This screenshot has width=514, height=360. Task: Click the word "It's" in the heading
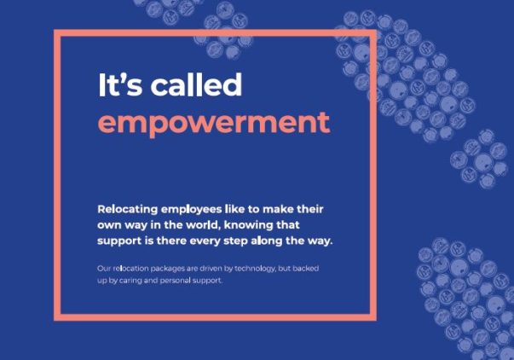pos(120,84)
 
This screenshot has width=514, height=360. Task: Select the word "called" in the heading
pos(196,84)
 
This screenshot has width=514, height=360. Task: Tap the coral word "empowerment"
pos(214,123)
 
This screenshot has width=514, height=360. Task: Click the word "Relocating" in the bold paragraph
pos(128,209)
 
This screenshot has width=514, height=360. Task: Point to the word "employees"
pos(192,210)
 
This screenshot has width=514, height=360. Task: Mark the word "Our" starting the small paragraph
pos(104,269)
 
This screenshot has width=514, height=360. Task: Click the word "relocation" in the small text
pos(130,269)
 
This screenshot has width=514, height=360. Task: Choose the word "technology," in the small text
pos(255,269)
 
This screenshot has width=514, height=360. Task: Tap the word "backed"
pos(305,268)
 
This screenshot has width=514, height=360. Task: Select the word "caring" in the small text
pos(130,281)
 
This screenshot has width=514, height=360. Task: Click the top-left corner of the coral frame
pos(54,30)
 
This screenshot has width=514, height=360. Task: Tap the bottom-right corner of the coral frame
pos(377,321)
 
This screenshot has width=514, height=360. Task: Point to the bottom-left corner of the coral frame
pos(54,321)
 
